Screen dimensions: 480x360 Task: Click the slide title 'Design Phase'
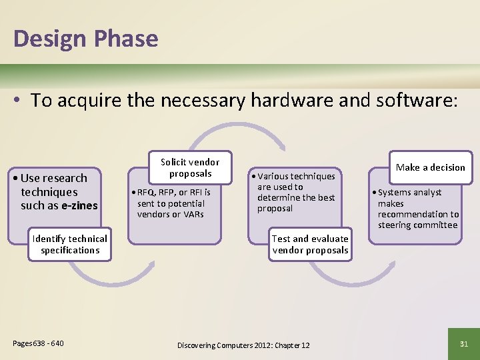85,38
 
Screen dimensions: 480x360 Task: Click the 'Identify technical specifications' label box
70,245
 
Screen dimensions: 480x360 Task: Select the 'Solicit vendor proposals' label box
190,168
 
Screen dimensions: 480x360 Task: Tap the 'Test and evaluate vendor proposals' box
310,245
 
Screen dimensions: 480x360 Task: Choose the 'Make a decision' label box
431,167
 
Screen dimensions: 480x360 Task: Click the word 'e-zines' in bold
79,205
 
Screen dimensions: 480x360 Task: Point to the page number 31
465,343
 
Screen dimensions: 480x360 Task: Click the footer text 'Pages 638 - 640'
39,343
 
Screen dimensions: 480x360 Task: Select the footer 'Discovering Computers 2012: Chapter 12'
243,345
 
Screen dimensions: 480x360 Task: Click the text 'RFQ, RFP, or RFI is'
174,193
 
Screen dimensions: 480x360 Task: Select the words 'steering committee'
417,225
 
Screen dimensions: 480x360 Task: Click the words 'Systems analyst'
410,193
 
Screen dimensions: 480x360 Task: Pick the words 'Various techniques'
297,177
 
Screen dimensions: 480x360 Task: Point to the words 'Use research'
54,178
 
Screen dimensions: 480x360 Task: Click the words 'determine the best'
296,198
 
